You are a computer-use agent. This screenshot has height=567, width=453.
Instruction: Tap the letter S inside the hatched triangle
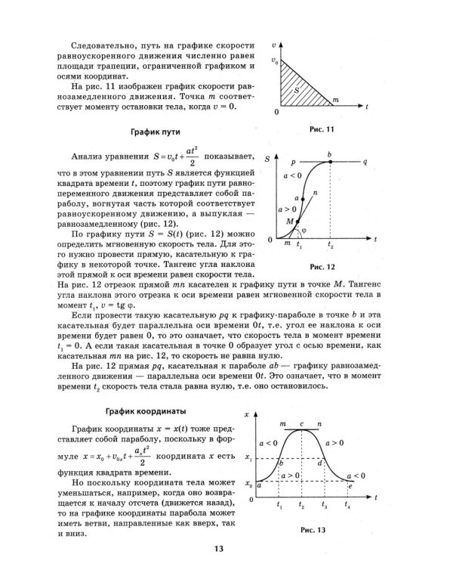[x=297, y=89]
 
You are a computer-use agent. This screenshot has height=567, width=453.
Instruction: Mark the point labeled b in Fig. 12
[x=329, y=154]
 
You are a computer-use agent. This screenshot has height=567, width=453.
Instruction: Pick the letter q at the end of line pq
[x=365, y=162]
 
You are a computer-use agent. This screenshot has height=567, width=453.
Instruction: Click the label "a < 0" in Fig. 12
[x=291, y=175]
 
